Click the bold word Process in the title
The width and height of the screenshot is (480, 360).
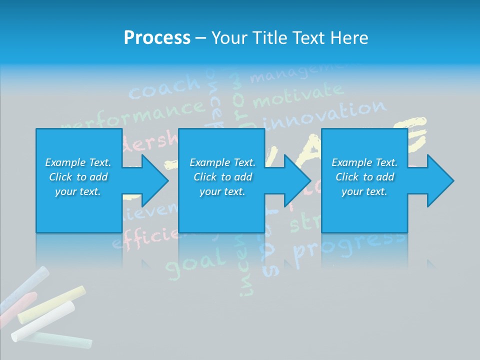157,38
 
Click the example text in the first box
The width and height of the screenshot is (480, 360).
78,177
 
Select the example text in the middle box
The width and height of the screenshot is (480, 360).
222,177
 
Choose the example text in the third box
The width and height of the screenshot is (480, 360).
364,177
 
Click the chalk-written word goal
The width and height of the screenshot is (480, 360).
195,262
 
